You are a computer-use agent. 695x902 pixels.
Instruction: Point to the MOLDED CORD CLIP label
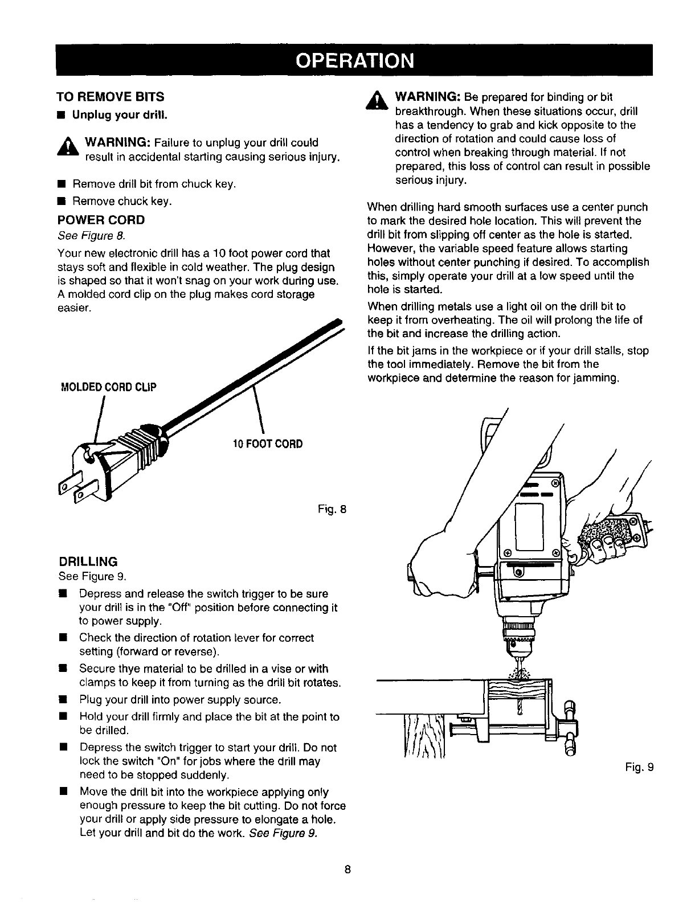[108, 387]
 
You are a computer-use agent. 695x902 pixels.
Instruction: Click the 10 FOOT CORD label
[268, 444]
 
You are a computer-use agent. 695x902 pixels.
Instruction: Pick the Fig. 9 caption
[638, 767]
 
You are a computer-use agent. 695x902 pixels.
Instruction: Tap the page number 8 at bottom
[347, 870]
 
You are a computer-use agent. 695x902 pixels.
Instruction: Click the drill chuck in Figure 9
[519, 635]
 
